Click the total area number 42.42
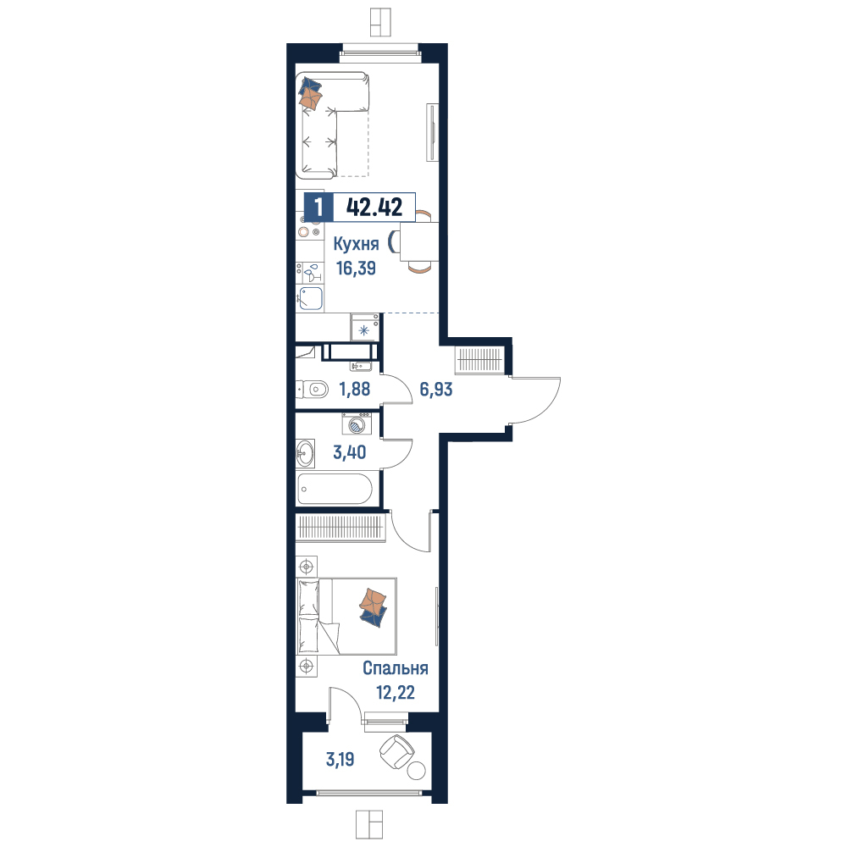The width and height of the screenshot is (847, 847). point(374,207)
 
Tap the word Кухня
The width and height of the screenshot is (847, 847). point(356,244)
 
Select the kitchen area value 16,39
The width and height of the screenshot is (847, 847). point(356,268)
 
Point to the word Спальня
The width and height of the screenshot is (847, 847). point(396,668)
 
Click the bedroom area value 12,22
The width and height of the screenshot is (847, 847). point(396,692)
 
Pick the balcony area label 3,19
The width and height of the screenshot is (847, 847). point(340,760)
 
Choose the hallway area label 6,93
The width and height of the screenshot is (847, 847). point(436,389)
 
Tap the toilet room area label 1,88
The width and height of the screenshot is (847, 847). point(354,389)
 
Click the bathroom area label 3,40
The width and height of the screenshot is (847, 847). point(350,452)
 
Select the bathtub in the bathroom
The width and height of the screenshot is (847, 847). point(335,489)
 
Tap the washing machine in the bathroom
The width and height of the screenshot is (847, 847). point(357,423)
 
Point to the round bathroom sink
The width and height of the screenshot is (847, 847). point(306,452)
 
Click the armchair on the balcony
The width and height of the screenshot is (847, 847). point(397,751)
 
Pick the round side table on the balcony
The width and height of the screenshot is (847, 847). point(417,770)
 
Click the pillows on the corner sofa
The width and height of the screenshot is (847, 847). point(311,93)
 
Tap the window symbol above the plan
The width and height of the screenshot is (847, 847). point(381,22)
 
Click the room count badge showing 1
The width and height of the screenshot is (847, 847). point(318,207)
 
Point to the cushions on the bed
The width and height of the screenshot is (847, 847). point(374,607)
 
